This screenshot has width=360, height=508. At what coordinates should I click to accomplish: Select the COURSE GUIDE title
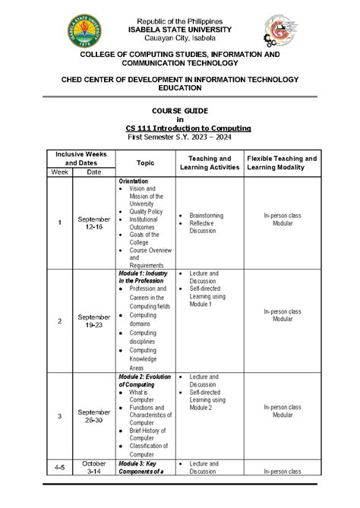[180, 111]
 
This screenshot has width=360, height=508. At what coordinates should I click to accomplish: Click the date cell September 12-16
[94, 222]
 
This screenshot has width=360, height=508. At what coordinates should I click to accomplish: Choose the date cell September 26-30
[94, 416]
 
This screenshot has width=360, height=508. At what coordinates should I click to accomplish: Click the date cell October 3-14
[94, 467]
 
